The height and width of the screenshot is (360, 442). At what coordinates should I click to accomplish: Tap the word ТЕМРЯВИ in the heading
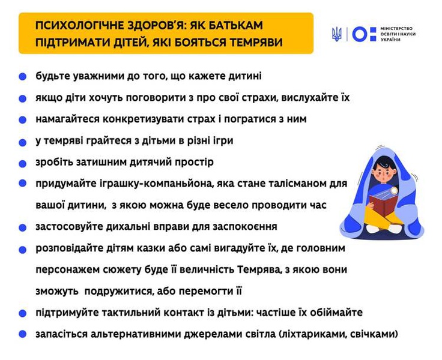[256, 43]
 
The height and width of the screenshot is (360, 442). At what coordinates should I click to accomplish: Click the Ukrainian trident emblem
[337, 34]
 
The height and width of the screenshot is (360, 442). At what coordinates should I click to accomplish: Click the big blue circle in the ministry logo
[359, 34]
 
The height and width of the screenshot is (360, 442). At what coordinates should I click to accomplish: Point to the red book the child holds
[383, 205]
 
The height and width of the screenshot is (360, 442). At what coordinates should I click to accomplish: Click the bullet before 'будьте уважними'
[23, 77]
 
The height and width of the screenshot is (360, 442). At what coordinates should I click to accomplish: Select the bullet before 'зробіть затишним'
[23, 164]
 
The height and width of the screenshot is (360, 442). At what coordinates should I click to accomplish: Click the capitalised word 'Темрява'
[259, 270]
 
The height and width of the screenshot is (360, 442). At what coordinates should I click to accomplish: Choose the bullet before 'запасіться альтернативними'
[23, 334]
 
